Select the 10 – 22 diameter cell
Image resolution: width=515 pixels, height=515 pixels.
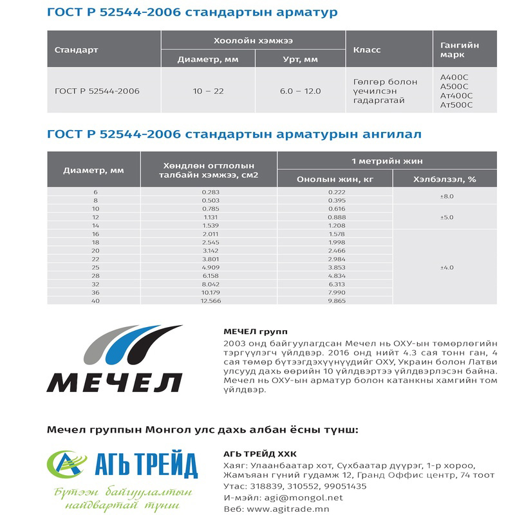tap(208, 91)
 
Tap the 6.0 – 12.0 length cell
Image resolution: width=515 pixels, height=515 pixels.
tap(300, 91)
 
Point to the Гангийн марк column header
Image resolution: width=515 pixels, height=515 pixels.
tap(459, 50)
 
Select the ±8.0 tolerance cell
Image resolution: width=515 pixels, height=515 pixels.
tap(446, 196)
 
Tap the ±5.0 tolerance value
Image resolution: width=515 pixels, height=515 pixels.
tap(446, 217)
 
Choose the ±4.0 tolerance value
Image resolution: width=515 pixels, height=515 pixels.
tap(446, 267)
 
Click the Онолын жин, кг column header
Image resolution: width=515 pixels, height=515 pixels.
tap(335, 179)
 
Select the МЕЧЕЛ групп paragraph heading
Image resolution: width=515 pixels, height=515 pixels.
tap(247, 332)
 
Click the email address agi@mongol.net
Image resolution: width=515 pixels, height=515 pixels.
tap(300, 498)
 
